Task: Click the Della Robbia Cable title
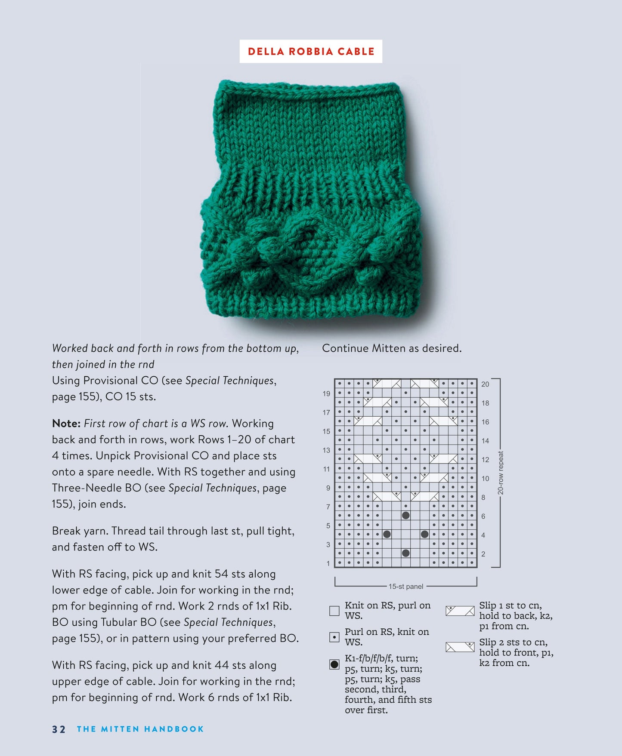pyautogui.click(x=311, y=52)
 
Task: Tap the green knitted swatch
pyautogui.click(x=311, y=202)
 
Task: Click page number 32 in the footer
pyautogui.click(x=59, y=729)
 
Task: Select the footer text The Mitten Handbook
pyautogui.click(x=140, y=729)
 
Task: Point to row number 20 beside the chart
pyautogui.click(x=485, y=384)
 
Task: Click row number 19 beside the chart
pyautogui.click(x=326, y=393)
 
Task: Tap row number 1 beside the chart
pyautogui.click(x=328, y=563)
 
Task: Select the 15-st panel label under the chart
pyautogui.click(x=405, y=587)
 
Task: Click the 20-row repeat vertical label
pyautogui.click(x=500, y=473)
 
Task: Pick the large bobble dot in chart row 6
pyautogui.click(x=405, y=515)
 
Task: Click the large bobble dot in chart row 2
pyautogui.click(x=405, y=553)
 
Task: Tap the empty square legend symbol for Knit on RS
pyautogui.click(x=334, y=611)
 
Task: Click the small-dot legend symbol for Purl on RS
pyautogui.click(x=334, y=637)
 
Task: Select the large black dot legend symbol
pyautogui.click(x=334, y=664)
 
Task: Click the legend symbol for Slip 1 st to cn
pyautogui.click(x=460, y=611)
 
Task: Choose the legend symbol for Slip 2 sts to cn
pyautogui.click(x=460, y=647)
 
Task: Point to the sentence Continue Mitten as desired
pyautogui.click(x=392, y=348)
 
